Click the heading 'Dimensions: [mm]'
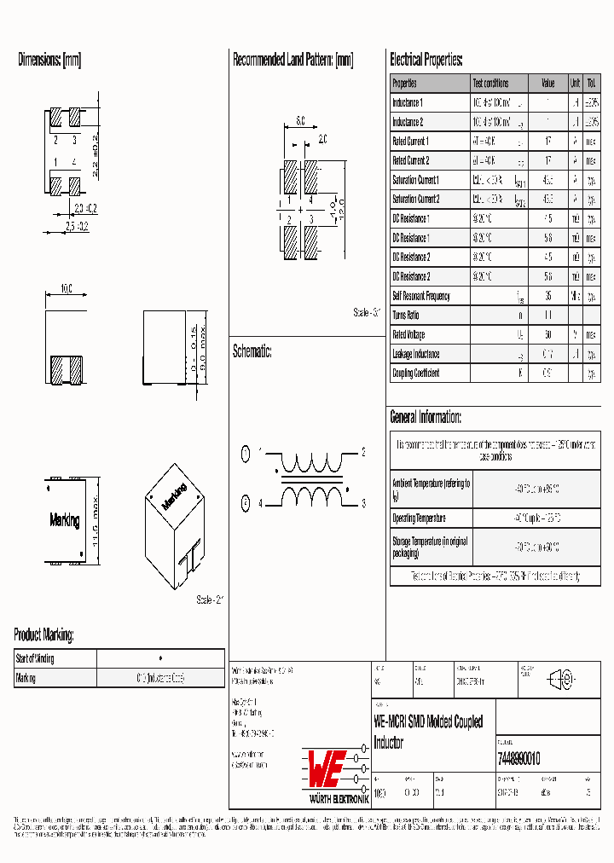[x=49, y=61]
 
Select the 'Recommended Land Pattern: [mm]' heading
[x=293, y=61]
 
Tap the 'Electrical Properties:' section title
[x=426, y=61]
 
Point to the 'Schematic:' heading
[x=252, y=351]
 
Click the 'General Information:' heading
[x=426, y=417]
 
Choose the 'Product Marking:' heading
[x=43, y=635]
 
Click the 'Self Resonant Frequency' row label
[x=420, y=297]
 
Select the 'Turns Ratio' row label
[x=407, y=316]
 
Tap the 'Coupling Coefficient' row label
[x=415, y=374]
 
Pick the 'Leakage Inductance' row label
[x=415, y=354]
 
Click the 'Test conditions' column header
[x=490, y=84]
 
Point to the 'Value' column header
[x=547, y=84]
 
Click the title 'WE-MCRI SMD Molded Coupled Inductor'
[x=428, y=732]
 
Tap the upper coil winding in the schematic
[x=310, y=465]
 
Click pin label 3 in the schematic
[x=363, y=504]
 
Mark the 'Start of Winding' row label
[x=35, y=658]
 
